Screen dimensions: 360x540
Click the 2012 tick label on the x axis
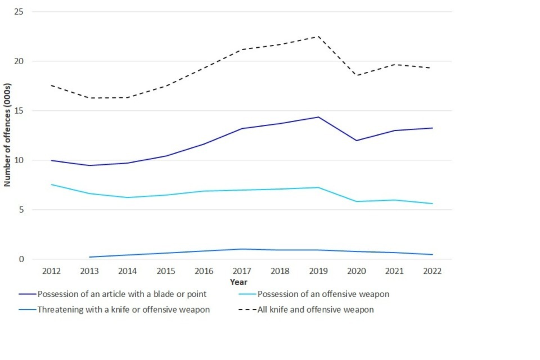tap(51, 271)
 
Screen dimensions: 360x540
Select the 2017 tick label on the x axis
tap(242, 271)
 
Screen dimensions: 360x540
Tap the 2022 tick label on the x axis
tap(432, 271)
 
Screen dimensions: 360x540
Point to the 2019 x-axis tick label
tap(318, 271)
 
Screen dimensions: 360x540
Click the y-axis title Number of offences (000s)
tap(8, 136)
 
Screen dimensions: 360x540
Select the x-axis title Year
tap(238, 282)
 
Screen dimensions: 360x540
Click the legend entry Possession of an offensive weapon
tap(323, 294)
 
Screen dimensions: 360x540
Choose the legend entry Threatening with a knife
tap(123, 310)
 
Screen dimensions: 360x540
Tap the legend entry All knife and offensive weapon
tap(315, 310)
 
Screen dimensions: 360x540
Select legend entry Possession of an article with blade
tap(121, 294)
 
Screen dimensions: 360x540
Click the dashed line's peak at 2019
tap(318, 37)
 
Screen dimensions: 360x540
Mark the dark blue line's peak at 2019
tap(318, 117)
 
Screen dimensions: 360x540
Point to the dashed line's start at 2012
tap(51, 85)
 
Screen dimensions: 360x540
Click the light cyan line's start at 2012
tap(51, 184)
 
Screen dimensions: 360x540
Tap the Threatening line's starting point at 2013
tap(89, 257)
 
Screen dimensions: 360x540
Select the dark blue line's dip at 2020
tap(356, 141)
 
